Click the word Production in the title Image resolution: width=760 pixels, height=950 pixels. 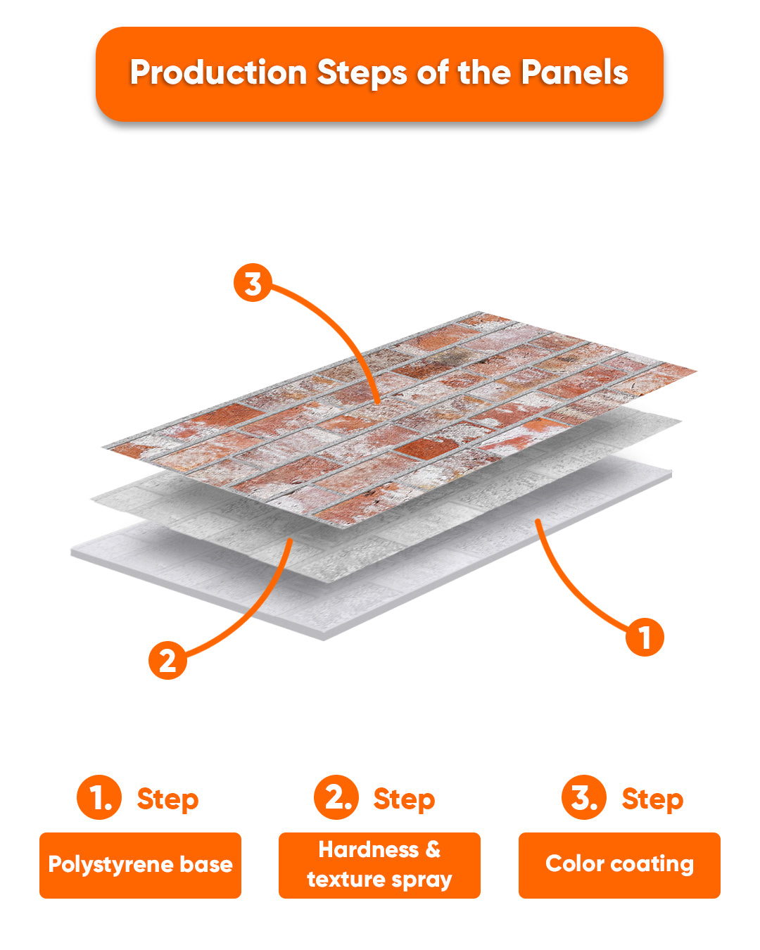point(218,72)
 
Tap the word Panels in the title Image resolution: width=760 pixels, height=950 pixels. point(574,72)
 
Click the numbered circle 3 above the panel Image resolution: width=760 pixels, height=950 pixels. point(253,282)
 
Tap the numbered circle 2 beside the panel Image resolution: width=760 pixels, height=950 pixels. point(167,660)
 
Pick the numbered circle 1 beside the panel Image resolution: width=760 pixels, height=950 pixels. point(645,637)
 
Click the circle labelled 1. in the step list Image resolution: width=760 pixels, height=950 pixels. point(99,797)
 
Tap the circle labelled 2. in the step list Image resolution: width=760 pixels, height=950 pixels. point(336,797)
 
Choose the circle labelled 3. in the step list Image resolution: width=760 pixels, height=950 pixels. point(584,797)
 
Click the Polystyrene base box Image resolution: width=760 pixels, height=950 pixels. point(141,866)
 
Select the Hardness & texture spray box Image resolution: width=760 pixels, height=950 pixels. point(379,866)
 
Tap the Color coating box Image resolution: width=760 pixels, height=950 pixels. point(619,866)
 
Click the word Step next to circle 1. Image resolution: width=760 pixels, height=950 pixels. point(167,799)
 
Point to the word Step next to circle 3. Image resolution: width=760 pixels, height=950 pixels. point(653,799)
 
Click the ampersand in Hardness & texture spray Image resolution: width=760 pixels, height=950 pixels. point(433,850)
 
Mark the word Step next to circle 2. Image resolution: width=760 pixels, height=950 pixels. point(405,799)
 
